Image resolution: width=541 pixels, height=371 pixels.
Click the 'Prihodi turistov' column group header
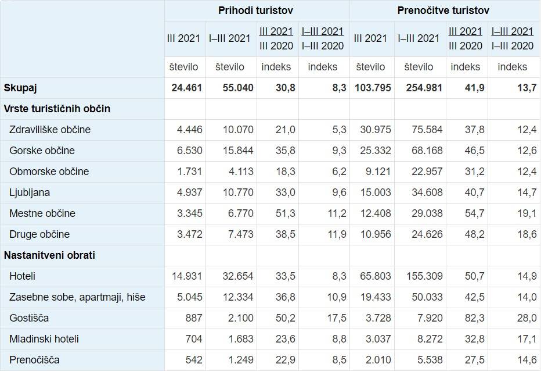point(255,10)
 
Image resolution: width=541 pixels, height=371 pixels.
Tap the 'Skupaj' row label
point(20,88)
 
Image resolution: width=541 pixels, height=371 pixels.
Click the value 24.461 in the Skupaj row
point(187,88)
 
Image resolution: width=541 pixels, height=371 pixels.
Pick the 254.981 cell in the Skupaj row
point(420,88)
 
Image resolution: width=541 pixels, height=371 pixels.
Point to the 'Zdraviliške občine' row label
point(50,130)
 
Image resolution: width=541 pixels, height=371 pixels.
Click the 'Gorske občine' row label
point(42,151)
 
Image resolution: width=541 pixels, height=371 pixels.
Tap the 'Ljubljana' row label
point(30,192)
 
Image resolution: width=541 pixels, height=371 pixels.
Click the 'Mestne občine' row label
point(42,213)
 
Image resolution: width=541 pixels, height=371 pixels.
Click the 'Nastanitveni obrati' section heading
point(49,255)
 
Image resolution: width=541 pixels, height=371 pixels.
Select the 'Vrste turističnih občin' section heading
point(57,109)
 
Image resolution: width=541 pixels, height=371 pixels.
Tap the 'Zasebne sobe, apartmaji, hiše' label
point(77,297)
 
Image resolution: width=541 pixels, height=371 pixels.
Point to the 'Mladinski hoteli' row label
point(44,339)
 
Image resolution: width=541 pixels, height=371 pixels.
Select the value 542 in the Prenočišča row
point(193,360)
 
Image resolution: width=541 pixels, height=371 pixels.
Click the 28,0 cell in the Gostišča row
point(525,318)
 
